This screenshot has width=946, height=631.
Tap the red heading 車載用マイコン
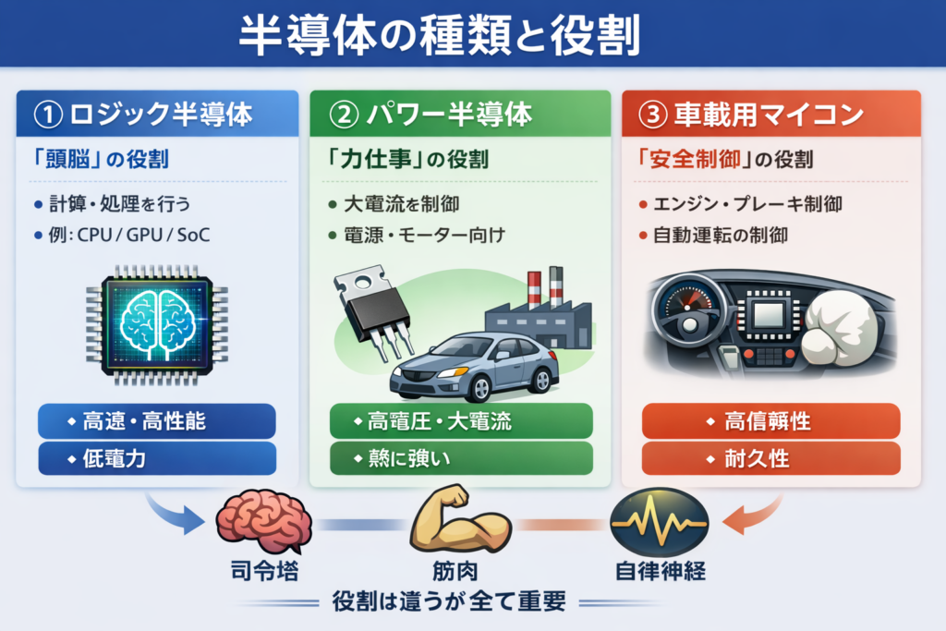758,115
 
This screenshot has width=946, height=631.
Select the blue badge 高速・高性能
157,421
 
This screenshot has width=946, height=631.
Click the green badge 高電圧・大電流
460,421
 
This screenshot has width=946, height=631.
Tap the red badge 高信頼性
770,421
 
